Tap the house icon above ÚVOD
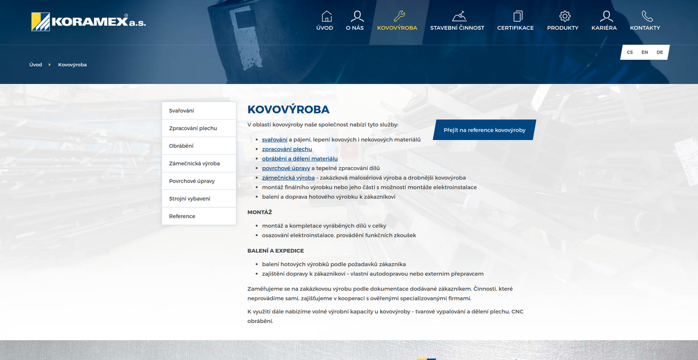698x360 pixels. click(327, 17)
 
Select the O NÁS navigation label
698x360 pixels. click(355, 28)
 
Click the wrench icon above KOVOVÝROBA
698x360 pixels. click(399, 17)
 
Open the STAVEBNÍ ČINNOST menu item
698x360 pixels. click(457, 28)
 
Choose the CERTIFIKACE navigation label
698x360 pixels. click(515, 28)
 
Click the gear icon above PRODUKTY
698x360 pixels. click(565, 17)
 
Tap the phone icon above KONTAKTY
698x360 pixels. click(647, 17)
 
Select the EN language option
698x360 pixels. click(645, 52)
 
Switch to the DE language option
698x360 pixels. click(660, 52)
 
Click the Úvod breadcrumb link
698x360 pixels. click(36, 65)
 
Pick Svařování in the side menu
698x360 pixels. click(181, 111)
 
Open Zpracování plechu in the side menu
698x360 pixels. click(193, 128)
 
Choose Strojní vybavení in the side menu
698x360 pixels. click(190, 199)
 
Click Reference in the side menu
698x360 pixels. click(182, 216)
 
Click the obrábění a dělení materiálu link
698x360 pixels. click(300, 159)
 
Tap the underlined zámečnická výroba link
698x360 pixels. click(288, 178)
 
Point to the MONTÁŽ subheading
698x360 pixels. click(260, 213)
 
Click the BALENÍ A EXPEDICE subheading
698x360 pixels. click(275, 251)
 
